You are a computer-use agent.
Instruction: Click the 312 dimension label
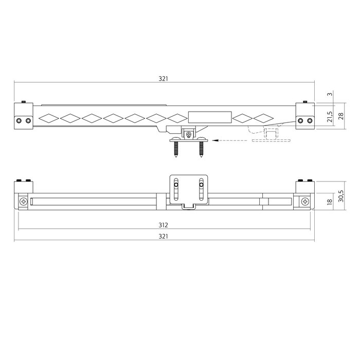point(164,225)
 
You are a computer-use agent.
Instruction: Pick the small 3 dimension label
point(330,94)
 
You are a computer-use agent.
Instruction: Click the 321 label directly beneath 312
point(164,237)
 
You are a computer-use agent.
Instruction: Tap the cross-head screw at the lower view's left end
point(24,201)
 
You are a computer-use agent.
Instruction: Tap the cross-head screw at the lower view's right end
point(305,201)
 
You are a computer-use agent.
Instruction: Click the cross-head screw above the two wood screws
point(189,135)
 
